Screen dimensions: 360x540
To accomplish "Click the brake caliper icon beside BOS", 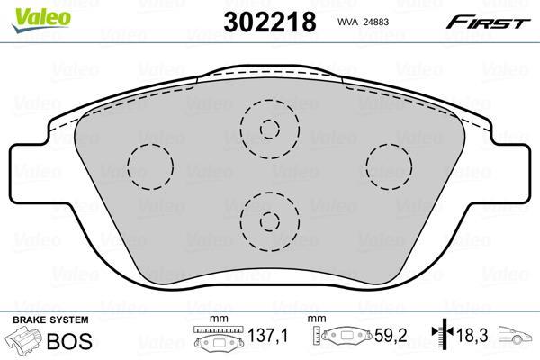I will pyautogui.click(x=25, y=342).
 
